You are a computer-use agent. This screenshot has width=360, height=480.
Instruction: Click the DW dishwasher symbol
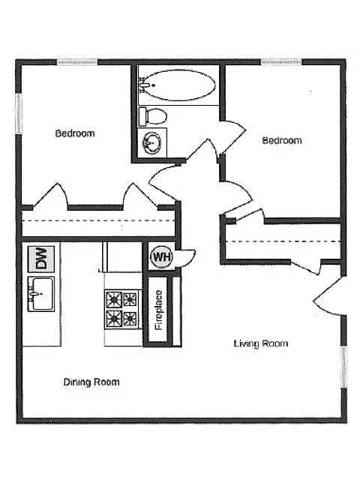(x=41, y=259)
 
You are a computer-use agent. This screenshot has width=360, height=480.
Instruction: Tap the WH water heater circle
(x=161, y=256)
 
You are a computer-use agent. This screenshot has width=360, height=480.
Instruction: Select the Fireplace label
(x=158, y=310)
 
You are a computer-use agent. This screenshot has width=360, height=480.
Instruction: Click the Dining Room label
(x=91, y=382)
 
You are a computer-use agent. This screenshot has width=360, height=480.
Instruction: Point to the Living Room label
(x=261, y=343)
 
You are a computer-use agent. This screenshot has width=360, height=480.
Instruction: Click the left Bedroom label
(x=75, y=133)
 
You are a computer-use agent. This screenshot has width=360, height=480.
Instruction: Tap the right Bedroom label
(x=282, y=140)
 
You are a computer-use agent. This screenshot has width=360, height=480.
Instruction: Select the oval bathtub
(x=177, y=85)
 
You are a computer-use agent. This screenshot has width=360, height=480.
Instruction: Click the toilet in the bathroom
(x=153, y=116)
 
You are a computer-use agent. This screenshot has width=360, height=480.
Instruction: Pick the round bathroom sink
(x=151, y=143)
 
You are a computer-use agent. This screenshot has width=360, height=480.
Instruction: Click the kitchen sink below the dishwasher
(x=41, y=294)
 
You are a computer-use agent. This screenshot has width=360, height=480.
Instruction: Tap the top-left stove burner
(x=113, y=299)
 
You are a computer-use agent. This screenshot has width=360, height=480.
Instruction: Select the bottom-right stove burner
(x=130, y=319)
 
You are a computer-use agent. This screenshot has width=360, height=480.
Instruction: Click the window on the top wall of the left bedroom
(x=76, y=62)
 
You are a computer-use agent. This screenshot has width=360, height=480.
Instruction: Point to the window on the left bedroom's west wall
(x=19, y=113)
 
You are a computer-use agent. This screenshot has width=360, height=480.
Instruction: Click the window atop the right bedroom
(x=281, y=62)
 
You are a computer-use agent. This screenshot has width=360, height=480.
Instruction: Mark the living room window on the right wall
(x=344, y=367)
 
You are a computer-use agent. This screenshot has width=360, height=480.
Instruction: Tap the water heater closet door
(x=186, y=258)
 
